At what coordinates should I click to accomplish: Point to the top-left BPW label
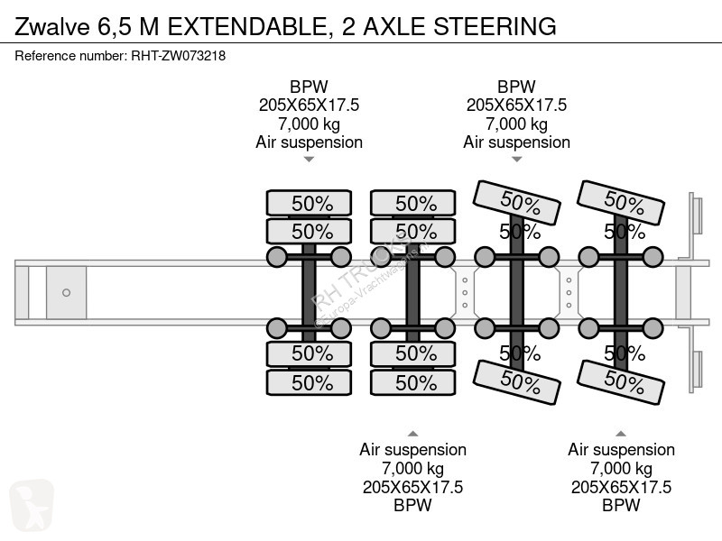(x=309, y=87)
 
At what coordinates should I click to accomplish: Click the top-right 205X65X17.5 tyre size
(x=516, y=105)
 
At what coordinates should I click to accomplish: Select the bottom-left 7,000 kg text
(x=412, y=468)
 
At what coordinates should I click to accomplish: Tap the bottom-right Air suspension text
(x=621, y=449)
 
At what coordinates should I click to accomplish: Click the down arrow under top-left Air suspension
(x=309, y=160)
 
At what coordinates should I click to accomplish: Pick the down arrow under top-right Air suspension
(x=516, y=160)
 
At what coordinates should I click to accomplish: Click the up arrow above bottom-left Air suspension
(x=412, y=432)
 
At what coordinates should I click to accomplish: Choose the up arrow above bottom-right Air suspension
(x=621, y=432)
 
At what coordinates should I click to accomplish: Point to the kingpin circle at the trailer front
(x=66, y=292)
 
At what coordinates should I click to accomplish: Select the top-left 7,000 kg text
(x=309, y=124)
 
